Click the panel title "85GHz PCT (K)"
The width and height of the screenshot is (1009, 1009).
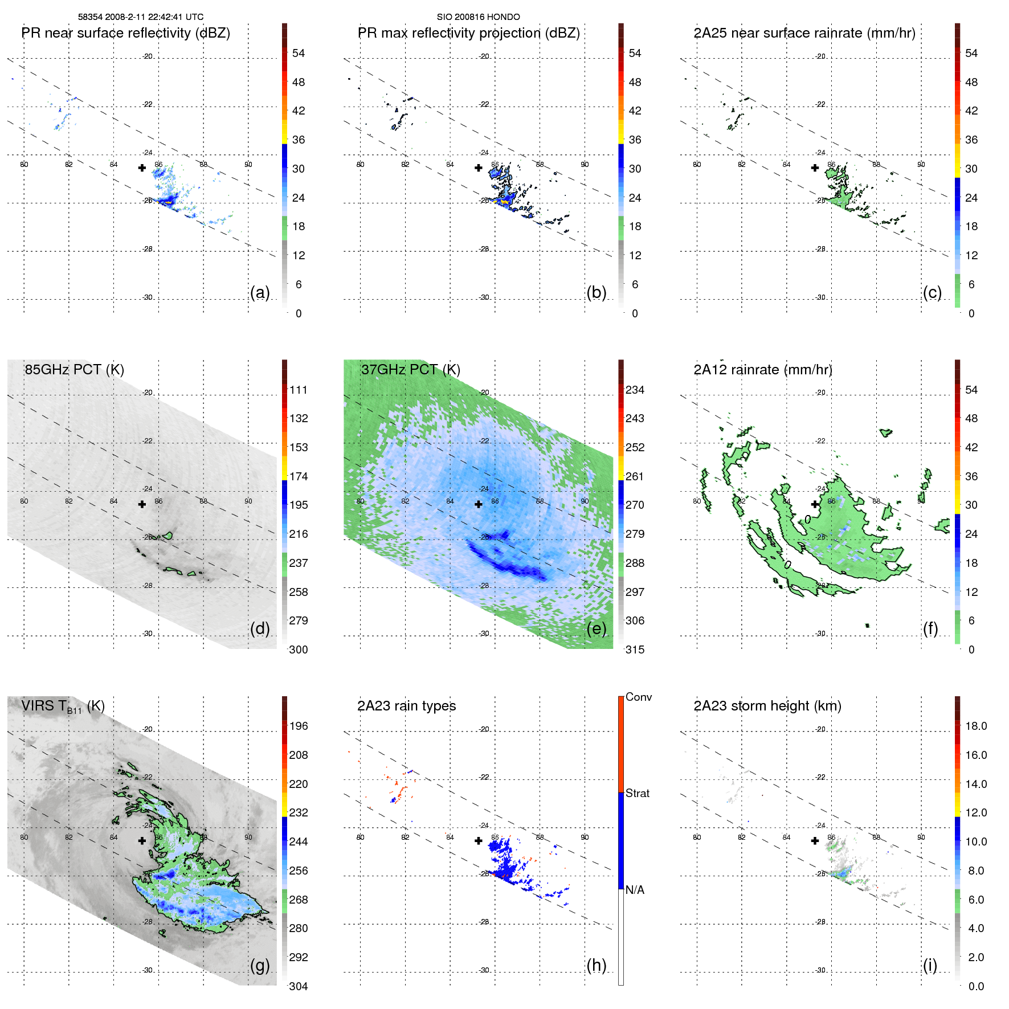click(74, 370)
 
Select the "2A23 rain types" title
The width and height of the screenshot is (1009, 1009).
click(406, 706)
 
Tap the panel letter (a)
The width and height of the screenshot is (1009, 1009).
click(260, 292)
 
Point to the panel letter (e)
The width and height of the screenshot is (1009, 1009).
click(596, 628)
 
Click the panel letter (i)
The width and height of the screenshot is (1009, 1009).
click(930, 965)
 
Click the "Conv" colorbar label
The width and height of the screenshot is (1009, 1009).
click(638, 697)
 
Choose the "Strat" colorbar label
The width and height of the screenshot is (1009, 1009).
click(637, 793)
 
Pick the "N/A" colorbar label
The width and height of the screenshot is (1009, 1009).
click(635, 890)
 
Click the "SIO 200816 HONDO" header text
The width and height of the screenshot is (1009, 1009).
click(478, 17)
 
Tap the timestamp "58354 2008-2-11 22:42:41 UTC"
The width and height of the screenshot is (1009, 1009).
click(141, 17)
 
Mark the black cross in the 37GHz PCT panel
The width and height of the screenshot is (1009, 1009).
click(479, 504)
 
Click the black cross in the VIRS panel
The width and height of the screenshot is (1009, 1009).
click(142, 840)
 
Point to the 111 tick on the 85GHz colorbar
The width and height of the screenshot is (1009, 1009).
click(299, 390)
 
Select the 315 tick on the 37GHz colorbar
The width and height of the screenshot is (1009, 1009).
click(635, 649)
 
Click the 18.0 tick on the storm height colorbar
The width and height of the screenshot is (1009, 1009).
click(976, 726)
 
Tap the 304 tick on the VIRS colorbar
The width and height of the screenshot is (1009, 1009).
click(299, 986)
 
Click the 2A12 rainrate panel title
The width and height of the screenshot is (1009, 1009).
click(762, 370)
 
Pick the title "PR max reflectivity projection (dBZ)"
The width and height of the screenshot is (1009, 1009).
click(468, 33)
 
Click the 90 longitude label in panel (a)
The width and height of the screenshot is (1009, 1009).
click(248, 165)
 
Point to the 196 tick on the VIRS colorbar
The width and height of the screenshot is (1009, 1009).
click(299, 726)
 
